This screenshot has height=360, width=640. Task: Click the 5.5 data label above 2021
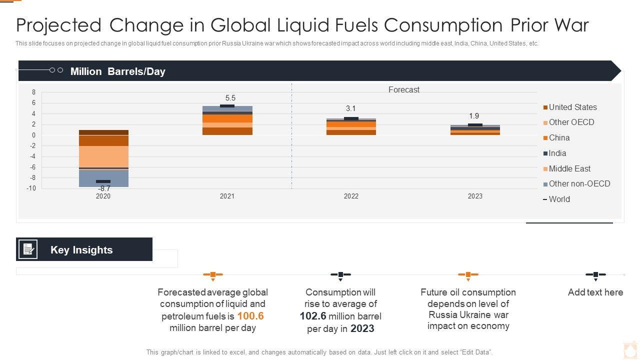(x=230, y=98)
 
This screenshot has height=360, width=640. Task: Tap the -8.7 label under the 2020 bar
(x=104, y=188)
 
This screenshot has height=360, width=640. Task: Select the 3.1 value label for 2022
(x=350, y=108)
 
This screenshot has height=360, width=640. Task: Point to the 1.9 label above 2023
(x=474, y=116)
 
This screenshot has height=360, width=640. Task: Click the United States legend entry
(x=572, y=107)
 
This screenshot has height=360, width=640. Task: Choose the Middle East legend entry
(x=569, y=168)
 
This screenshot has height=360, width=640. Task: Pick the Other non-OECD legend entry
(x=579, y=183)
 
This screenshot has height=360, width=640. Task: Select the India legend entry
(x=557, y=153)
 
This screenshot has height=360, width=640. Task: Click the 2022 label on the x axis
(x=351, y=196)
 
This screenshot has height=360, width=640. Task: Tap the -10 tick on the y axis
(x=31, y=188)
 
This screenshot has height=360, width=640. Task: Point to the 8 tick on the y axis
(x=34, y=92)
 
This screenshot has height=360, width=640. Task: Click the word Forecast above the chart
(x=404, y=89)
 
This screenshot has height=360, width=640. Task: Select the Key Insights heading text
(x=81, y=250)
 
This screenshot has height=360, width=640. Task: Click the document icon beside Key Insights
(x=28, y=249)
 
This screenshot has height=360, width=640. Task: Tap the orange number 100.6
(x=250, y=316)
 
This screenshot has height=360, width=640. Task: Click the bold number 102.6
(x=313, y=316)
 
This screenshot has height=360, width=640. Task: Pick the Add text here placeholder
(x=595, y=292)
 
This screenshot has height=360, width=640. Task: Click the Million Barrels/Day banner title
(x=117, y=71)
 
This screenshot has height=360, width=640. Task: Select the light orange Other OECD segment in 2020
(x=103, y=156)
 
